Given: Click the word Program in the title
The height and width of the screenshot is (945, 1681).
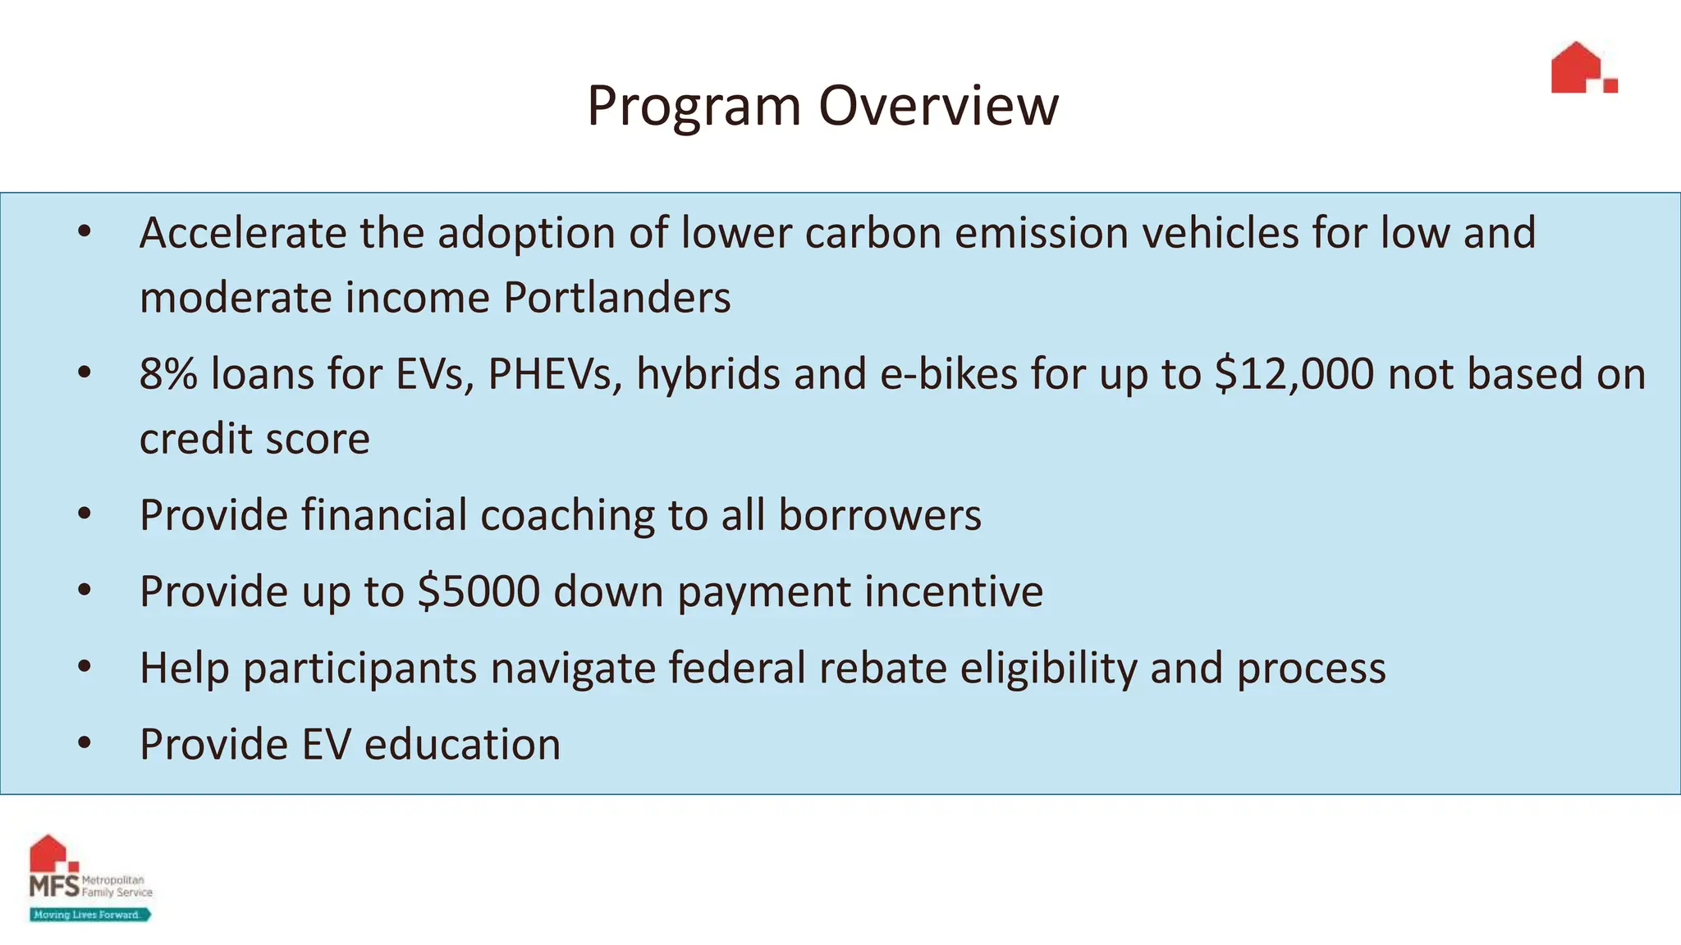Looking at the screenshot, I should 694,107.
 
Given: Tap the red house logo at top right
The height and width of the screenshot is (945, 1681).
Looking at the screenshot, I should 1583,68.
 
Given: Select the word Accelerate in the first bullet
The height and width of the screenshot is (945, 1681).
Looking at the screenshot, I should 243,233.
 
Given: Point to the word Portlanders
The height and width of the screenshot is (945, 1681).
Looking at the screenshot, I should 616,297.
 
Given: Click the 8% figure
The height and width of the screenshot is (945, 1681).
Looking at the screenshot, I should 168,374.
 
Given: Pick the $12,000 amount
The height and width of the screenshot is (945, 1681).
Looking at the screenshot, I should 1294,374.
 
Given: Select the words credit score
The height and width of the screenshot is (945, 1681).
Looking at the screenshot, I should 254,439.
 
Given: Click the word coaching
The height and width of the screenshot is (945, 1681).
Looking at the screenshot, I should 567,515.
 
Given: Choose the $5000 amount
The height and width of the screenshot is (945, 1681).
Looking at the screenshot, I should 479,591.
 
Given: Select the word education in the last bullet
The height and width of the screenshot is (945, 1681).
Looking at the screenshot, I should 462,744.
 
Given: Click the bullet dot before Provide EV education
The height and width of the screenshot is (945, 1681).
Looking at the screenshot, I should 84,743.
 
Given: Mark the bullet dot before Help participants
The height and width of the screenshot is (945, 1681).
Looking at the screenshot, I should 84,667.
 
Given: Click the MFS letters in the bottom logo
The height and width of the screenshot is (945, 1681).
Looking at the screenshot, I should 54,886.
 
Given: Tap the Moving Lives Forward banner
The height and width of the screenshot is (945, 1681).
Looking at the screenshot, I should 89,915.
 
